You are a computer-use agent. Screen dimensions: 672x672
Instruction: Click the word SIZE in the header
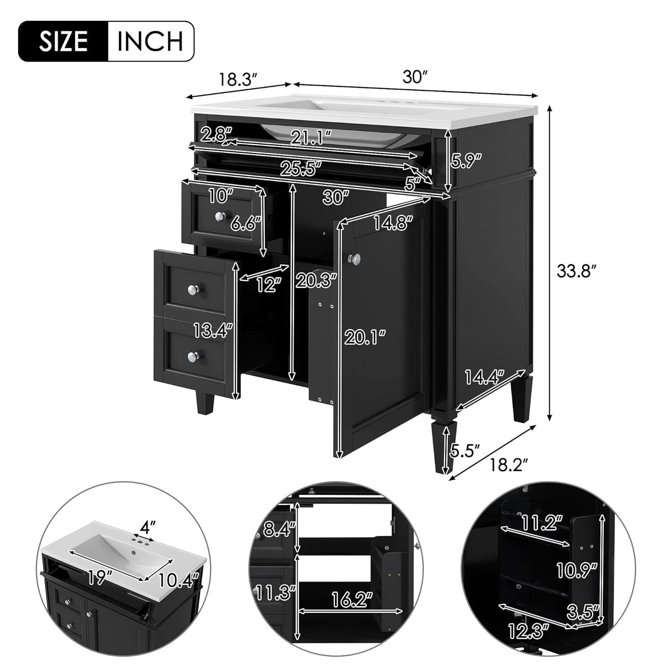(x=63, y=41)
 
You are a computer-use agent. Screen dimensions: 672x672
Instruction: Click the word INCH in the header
(x=150, y=41)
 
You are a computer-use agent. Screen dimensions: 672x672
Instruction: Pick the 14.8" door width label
(x=393, y=223)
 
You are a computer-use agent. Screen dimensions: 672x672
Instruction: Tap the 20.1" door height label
(x=365, y=336)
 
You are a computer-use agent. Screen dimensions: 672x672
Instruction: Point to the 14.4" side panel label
(x=485, y=377)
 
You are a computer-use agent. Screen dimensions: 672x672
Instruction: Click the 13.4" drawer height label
(x=214, y=331)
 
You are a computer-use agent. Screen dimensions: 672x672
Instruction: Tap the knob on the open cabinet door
(x=356, y=258)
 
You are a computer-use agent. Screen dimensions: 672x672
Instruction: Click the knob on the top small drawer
(x=220, y=216)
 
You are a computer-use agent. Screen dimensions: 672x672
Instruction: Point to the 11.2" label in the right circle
(x=541, y=522)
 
